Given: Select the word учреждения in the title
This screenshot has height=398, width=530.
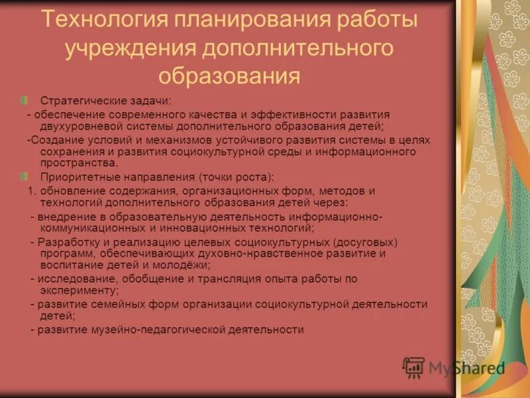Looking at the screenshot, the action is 125,48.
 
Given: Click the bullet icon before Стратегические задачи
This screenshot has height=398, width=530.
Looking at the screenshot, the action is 25,100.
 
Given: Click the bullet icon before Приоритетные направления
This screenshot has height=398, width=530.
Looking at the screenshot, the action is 25,177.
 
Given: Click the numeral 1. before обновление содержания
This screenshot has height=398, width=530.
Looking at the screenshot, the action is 31,191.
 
